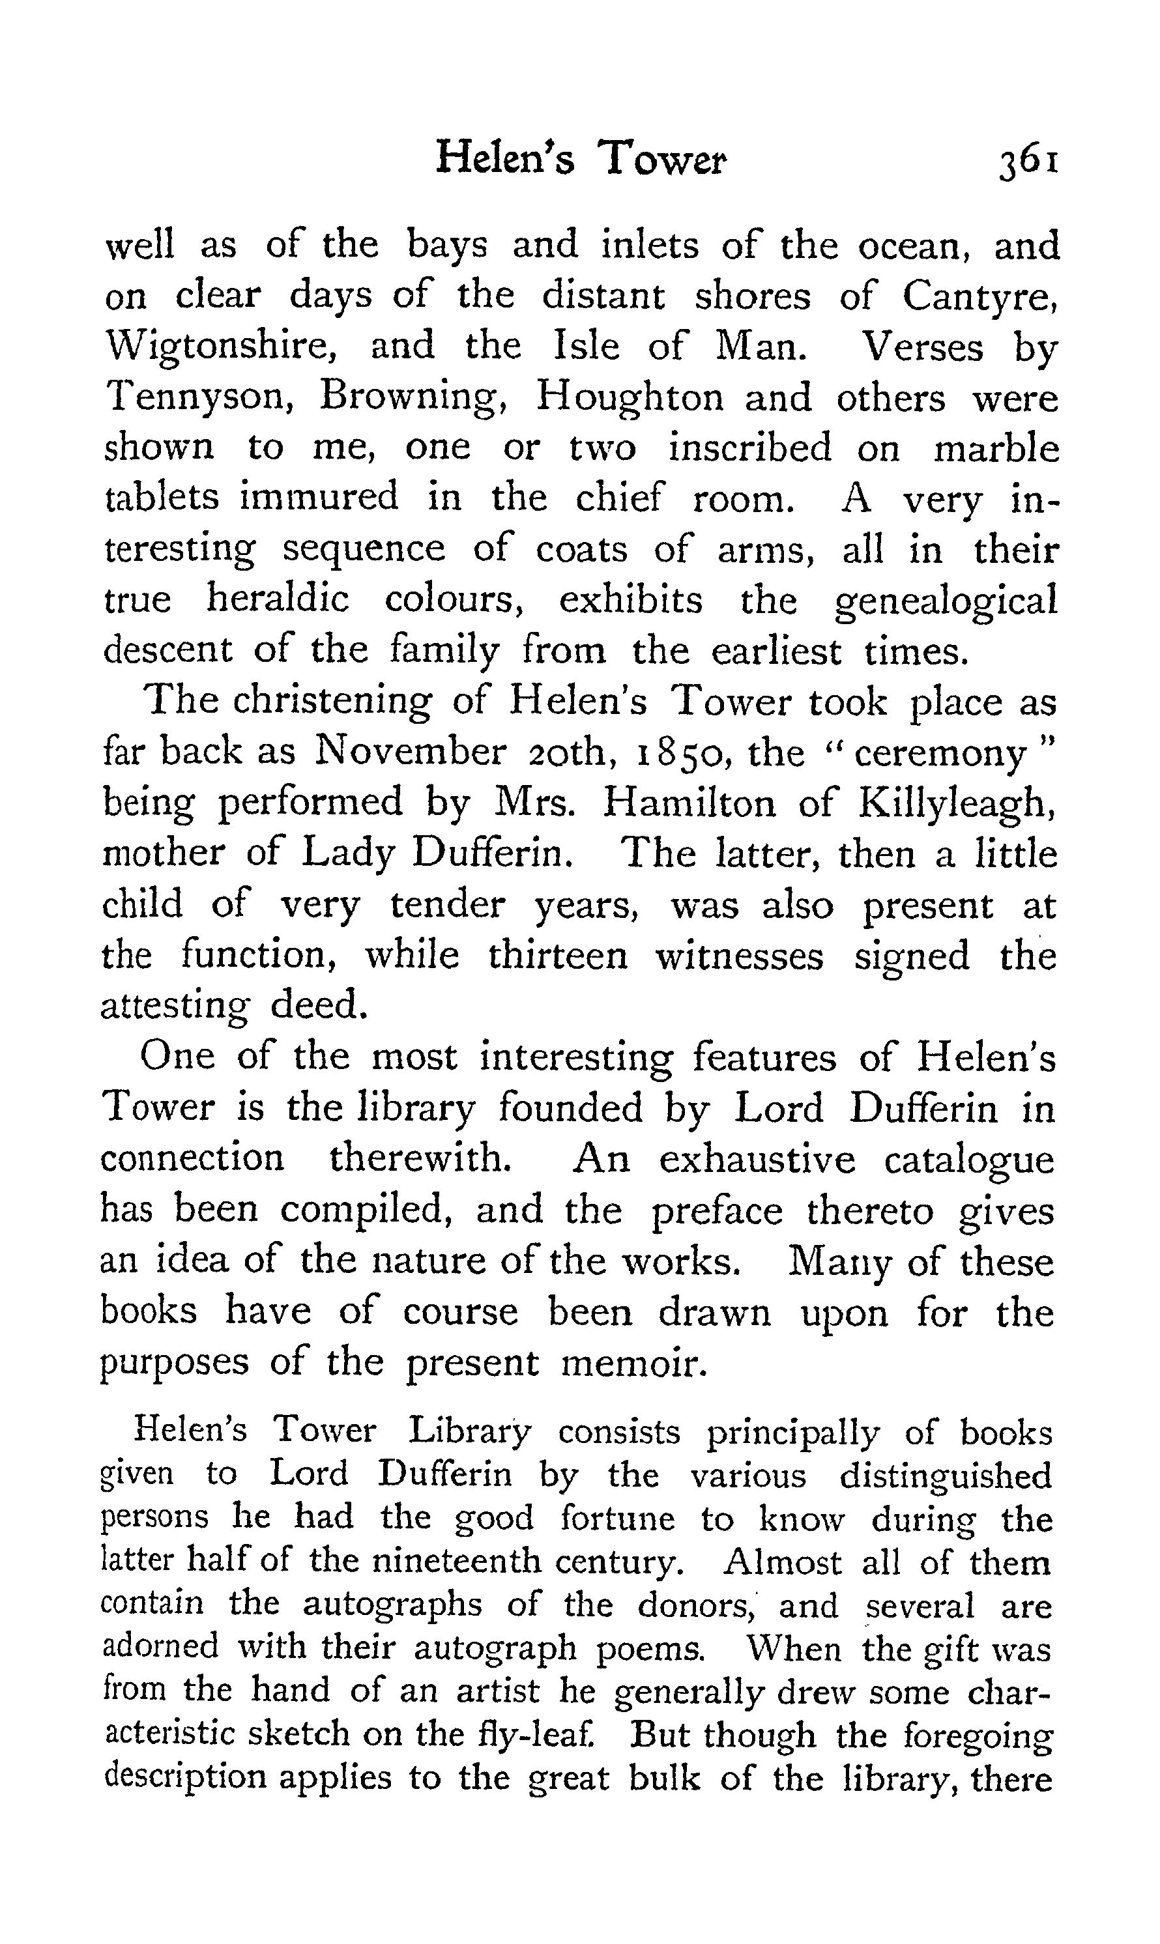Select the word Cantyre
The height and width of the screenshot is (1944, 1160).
pyautogui.click(x=979, y=297)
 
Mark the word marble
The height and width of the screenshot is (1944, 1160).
pyautogui.click(x=996, y=448)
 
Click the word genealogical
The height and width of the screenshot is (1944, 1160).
pyautogui.click(x=946, y=602)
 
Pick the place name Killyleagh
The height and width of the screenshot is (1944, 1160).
pyautogui.click(x=957, y=804)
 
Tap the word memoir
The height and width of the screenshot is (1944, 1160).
pyautogui.click(x=634, y=1364)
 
